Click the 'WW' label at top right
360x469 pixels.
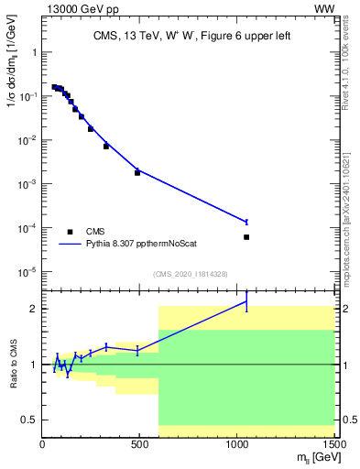[x=324, y=9]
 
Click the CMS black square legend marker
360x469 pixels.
[x=70, y=232]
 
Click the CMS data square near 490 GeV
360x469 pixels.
[x=137, y=172]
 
